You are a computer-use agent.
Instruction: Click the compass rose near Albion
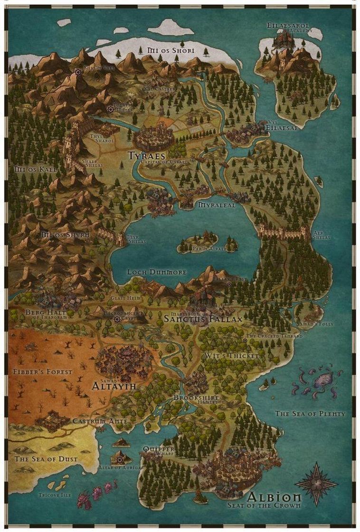tap(316, 484)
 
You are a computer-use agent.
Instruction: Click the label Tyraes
tap(146, 155)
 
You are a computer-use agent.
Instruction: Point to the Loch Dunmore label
tap(157, 272)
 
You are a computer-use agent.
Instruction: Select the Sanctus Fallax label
tap(203, 319)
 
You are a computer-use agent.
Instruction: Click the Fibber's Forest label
tap(43, 371)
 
